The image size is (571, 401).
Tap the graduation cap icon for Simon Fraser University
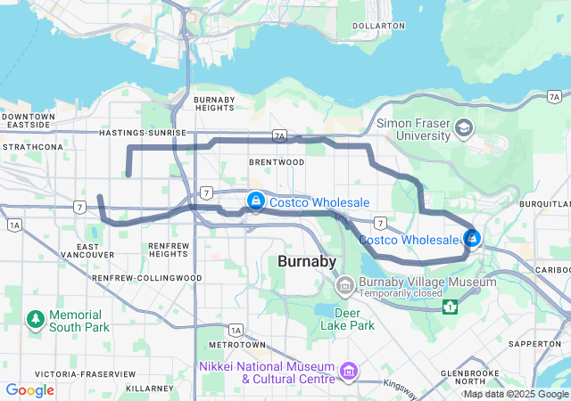tap(464, 129)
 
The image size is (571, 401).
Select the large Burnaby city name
tap(307, 262)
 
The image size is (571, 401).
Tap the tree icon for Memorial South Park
tap(35, 319)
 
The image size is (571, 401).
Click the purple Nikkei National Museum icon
tap(348, 370)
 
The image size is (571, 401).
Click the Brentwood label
tap(277, 162)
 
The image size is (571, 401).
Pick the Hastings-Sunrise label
tap(143, 133)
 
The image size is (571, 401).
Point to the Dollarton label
tap(378, 26)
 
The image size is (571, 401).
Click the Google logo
tap(29, 390)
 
